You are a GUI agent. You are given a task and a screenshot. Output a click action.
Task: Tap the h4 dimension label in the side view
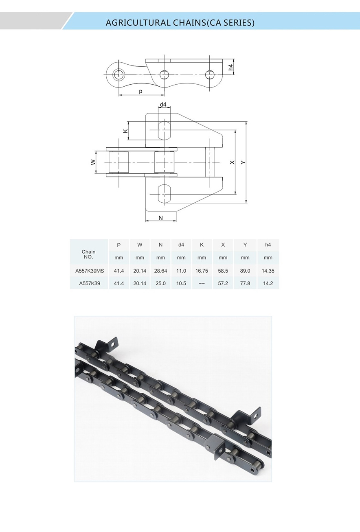231,67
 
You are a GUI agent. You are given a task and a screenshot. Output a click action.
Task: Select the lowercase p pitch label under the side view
140,92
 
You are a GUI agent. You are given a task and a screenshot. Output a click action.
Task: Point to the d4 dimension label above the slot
163,105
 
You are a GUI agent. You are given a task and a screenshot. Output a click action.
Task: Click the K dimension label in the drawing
125,131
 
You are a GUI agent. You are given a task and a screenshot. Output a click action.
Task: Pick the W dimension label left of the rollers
93,162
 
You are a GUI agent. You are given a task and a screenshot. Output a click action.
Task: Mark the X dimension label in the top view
232,162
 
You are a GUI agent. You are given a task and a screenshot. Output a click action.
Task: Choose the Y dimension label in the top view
243,162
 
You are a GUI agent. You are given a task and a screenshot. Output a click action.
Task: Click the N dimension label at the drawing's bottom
160,218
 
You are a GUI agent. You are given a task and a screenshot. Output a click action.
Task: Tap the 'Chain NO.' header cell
88,254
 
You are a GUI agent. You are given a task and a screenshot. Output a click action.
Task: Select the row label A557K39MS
89,271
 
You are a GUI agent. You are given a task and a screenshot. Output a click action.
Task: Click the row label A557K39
89,283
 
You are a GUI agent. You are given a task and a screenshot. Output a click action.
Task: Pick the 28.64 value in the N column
160,271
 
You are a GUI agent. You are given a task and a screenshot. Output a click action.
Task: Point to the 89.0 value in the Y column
245,271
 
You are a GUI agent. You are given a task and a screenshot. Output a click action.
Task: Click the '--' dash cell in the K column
202,283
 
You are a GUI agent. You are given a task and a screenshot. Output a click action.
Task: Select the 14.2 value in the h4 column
268,283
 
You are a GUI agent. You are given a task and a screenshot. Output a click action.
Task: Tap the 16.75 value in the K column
202,271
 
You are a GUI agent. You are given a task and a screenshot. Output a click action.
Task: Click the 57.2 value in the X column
223,283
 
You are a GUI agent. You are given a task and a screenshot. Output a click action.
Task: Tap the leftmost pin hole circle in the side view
119,74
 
